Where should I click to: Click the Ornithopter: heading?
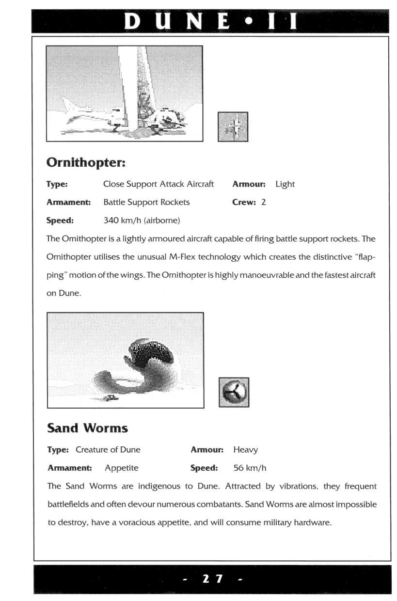[86, 163]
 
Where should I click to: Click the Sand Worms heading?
[87, 428]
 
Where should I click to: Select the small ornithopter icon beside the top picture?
[233, 127]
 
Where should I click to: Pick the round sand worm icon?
[234, 392]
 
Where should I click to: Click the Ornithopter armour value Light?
[285, 184]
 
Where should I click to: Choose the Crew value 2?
[263, 202]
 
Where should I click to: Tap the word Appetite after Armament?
[121, 468]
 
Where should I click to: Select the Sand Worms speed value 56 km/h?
[250, 468]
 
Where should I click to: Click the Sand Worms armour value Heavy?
[245, 450]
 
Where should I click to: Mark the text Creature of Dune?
[108, 450]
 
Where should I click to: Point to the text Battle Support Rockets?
[146, 202]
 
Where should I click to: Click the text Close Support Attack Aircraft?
[159, 184]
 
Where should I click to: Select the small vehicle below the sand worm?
[111, 398]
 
